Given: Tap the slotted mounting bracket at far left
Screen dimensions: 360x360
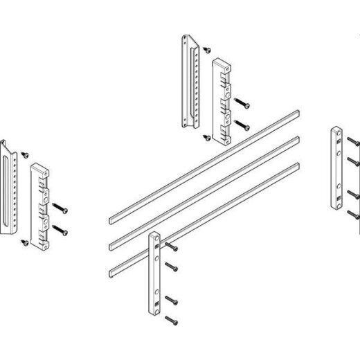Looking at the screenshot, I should (9, 187).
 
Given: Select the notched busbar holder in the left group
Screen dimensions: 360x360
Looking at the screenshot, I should (39, 204).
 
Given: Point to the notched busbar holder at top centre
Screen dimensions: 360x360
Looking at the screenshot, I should (221, 101).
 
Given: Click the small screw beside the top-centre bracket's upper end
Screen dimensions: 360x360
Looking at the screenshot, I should (206, 49).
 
